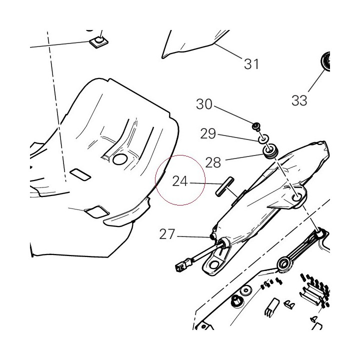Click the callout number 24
(x=180, y=181)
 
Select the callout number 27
(x=167, y=234)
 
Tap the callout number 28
(x=213, y=162)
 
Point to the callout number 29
(x=208, y=133)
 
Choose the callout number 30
(x=204, y=104)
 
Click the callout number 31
(x=251, y=64)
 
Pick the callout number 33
(x=299, y=100)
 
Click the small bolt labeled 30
(x=256, y=126)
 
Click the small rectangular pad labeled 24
(x=224, y=186)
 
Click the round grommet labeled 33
(x=325, y=60)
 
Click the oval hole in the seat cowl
(x=120, y=159)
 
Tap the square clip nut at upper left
(x=98, y=41)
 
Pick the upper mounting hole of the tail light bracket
(x=297, y=197)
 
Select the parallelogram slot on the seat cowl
(x=80, y=174)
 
